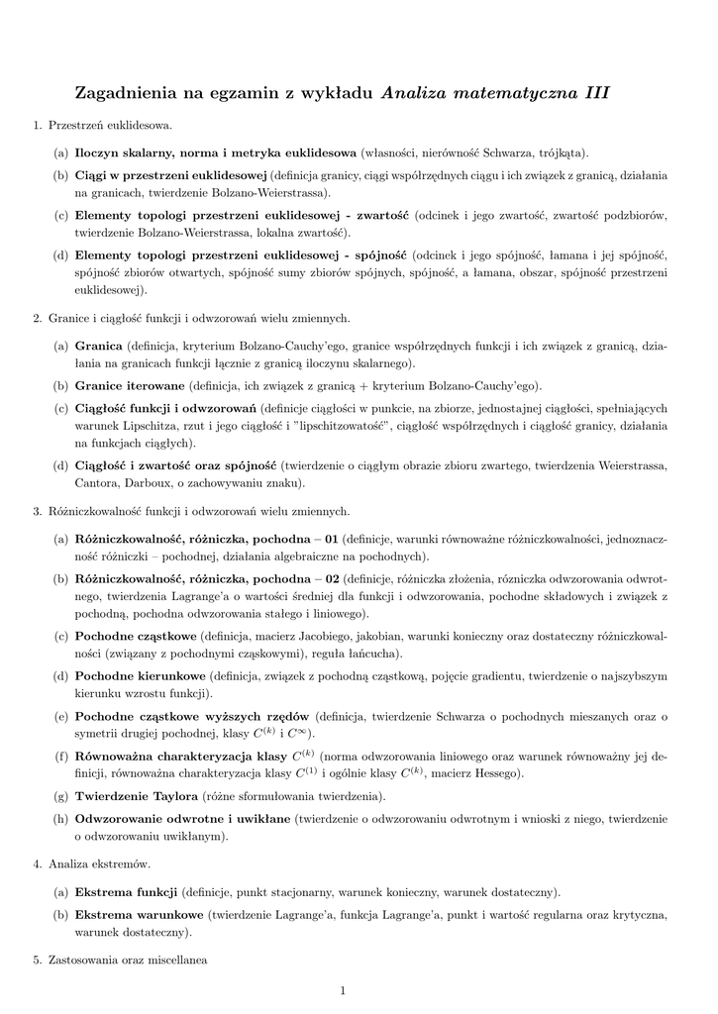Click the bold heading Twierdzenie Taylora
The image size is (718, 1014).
[137, 796]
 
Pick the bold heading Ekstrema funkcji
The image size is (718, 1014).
[126, 891]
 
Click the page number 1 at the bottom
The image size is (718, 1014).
[342, 990]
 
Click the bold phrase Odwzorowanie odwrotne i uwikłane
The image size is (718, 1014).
[183, 819]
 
